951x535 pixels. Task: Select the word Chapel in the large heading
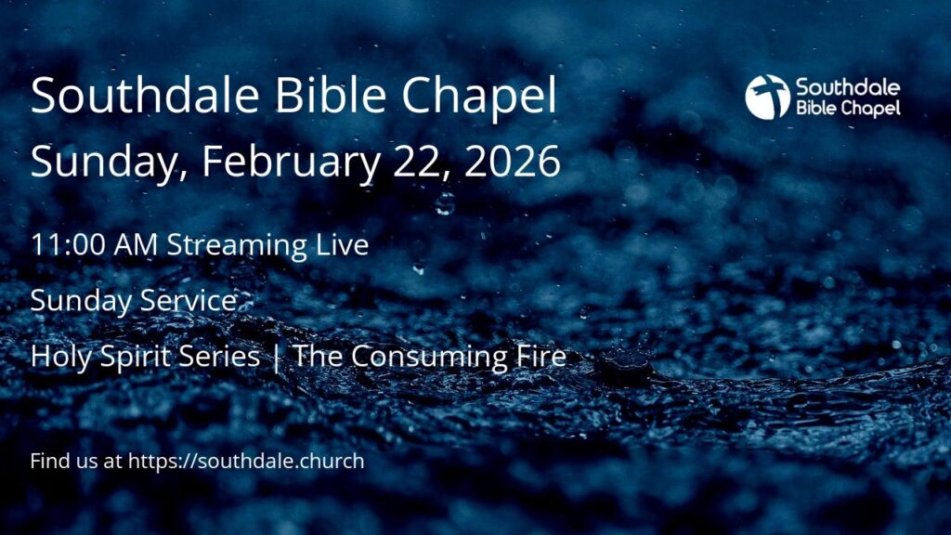click(479, 97)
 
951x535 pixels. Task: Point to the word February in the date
click(291, 163)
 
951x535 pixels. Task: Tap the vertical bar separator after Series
click(277, 357)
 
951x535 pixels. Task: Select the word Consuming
click(430, 357)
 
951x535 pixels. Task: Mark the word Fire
click(541, 356)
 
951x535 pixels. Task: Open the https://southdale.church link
click(246, 461)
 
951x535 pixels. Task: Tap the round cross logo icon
click(767, 97)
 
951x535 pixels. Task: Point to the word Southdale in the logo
click(848, 87)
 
